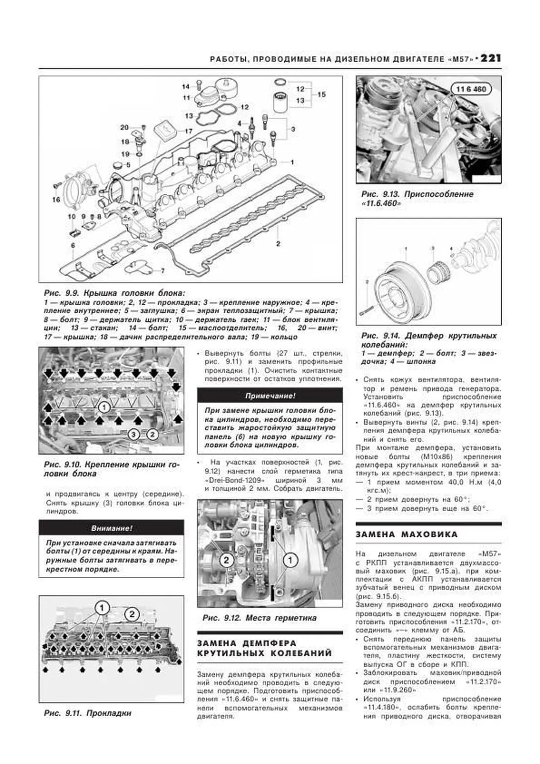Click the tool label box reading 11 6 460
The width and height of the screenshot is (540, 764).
(x=471, y=89)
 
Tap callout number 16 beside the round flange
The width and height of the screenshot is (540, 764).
(x=56, y=199)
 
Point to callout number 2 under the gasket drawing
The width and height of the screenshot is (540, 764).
(x=278, y=244)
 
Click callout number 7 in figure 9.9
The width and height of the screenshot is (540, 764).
(x=162, y=271)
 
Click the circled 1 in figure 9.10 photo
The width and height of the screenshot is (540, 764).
(x=103, y=408)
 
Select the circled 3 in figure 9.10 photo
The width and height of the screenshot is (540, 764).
(x=133, y=434)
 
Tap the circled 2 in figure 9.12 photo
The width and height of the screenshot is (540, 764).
(x=226, y=560)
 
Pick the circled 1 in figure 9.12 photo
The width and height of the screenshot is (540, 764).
(x=290, y=560)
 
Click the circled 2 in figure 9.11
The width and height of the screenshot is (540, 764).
(x=132, y=614)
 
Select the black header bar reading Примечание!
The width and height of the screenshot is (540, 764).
(x=270, y=396)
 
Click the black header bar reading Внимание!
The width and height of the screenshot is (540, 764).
(x=111, y=528)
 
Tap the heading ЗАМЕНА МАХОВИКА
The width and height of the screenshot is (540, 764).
(x=406, y=535)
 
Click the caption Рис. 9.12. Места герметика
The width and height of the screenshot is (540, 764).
(x=259, y=618)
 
